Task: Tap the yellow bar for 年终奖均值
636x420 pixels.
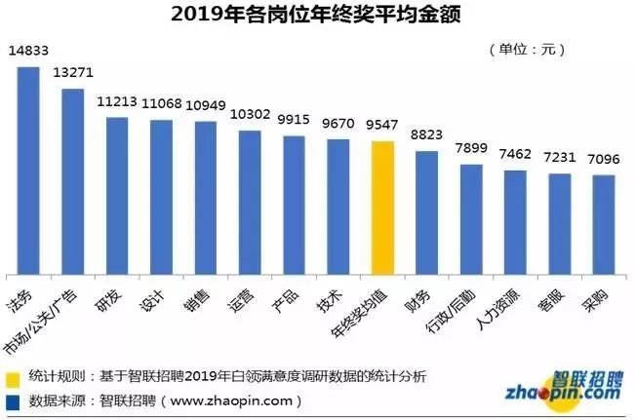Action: pyautogui.click(x=382, y=207)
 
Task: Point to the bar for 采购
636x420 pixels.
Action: pyautogui.click(x=604, y=223)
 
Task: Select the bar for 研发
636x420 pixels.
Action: pyautogui.click(x=117, y=195)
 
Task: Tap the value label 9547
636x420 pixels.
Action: pyautogui.click(x=382, y=127)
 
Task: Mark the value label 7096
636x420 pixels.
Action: pyautogui.click(x=604, y=161)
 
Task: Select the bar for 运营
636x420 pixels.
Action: pyautogui.click(x=250, y=202)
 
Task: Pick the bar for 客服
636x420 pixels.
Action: pyautogui.click(x=560, y=223)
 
